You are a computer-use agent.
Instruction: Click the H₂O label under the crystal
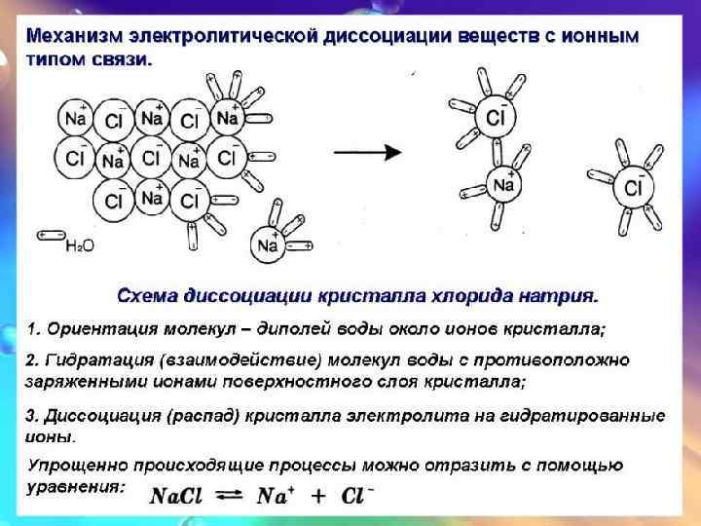tap(80, 246)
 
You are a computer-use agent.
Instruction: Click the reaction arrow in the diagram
tap(368, 153)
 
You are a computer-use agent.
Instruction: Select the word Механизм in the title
tap(73, 37)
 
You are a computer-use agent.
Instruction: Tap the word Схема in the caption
tap(146, 293)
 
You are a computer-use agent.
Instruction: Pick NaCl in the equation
tap(176, 496)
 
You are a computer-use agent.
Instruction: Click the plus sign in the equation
tap(317, 496)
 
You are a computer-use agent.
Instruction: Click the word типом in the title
tap(51, 58)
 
